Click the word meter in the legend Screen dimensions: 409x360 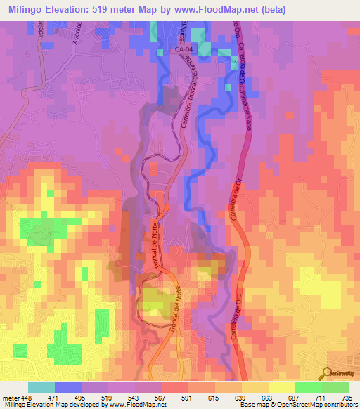(11, 398)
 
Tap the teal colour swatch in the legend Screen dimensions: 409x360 (41, 387)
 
